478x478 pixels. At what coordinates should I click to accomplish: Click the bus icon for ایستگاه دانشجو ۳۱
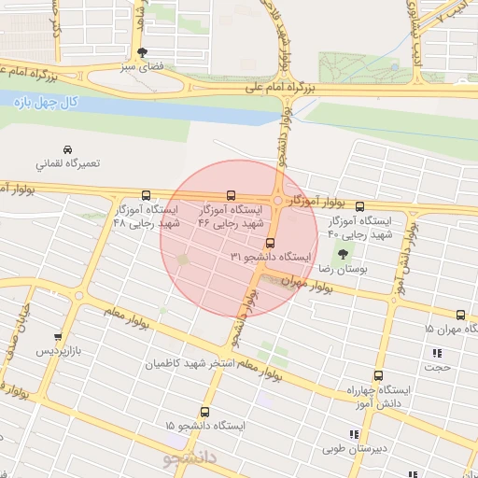pos(271,243)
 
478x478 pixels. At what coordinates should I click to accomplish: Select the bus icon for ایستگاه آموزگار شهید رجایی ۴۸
pos(145,196)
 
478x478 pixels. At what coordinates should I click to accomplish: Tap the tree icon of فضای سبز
pos(141,53)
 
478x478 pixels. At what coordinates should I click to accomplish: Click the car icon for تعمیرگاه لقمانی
pos(67,149)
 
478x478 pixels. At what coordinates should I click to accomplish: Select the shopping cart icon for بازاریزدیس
pos(58,337)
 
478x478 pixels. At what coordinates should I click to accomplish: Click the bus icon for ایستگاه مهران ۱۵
pos(460,315)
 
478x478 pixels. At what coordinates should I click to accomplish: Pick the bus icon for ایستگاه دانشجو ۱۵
pos(204,411)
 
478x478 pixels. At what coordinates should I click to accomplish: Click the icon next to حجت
pos(436,353)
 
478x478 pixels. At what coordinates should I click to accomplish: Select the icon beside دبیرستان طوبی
pos(352,434)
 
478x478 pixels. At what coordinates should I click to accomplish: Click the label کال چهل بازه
pos(42,103)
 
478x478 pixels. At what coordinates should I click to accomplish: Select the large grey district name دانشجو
pos(190,457)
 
